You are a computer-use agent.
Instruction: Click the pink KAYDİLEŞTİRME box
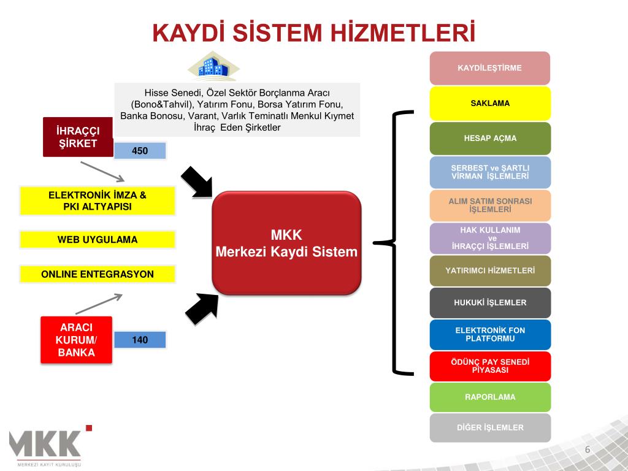pyautogui.click(x=489, y=68)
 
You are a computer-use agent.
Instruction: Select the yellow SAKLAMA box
pyautogui.click(x=489, y=103)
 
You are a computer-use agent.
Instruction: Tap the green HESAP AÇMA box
pyautogui.click(x=489, y=138)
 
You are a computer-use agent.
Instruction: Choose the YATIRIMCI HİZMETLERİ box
pyautogui.click(x=489, y=270)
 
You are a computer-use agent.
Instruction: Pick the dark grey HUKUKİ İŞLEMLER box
pyautogui.click(x=489, y=303)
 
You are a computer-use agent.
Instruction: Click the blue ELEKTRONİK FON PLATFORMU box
pyautogui.click(x=489, y=335)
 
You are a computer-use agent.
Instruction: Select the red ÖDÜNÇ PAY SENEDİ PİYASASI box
pyautogui.click(x=489, y=366)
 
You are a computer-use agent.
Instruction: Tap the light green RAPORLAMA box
pyautogui.click(x=489, y=397)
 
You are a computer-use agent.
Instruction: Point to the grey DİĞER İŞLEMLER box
pyautogui.click(x=489, y=427)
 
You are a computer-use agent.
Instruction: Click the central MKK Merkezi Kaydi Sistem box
pyautogui.click(x=286, y=243)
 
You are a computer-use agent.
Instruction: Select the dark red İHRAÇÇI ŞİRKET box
pyautogui.click(x=78, y=137)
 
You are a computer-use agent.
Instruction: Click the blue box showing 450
pyautogui.click(x=140, y=151)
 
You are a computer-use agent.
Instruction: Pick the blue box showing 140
pyautogui.click(x=140, y=340)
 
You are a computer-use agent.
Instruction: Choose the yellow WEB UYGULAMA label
pyautogui.click(x=98, y=239)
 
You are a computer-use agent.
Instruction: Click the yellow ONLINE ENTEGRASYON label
pyautogui.click(x=98, y=274)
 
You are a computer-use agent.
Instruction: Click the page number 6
pyautogui.click(x=587, y=450)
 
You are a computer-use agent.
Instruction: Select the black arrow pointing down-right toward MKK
pyautogui.click(x=197, y=182)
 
